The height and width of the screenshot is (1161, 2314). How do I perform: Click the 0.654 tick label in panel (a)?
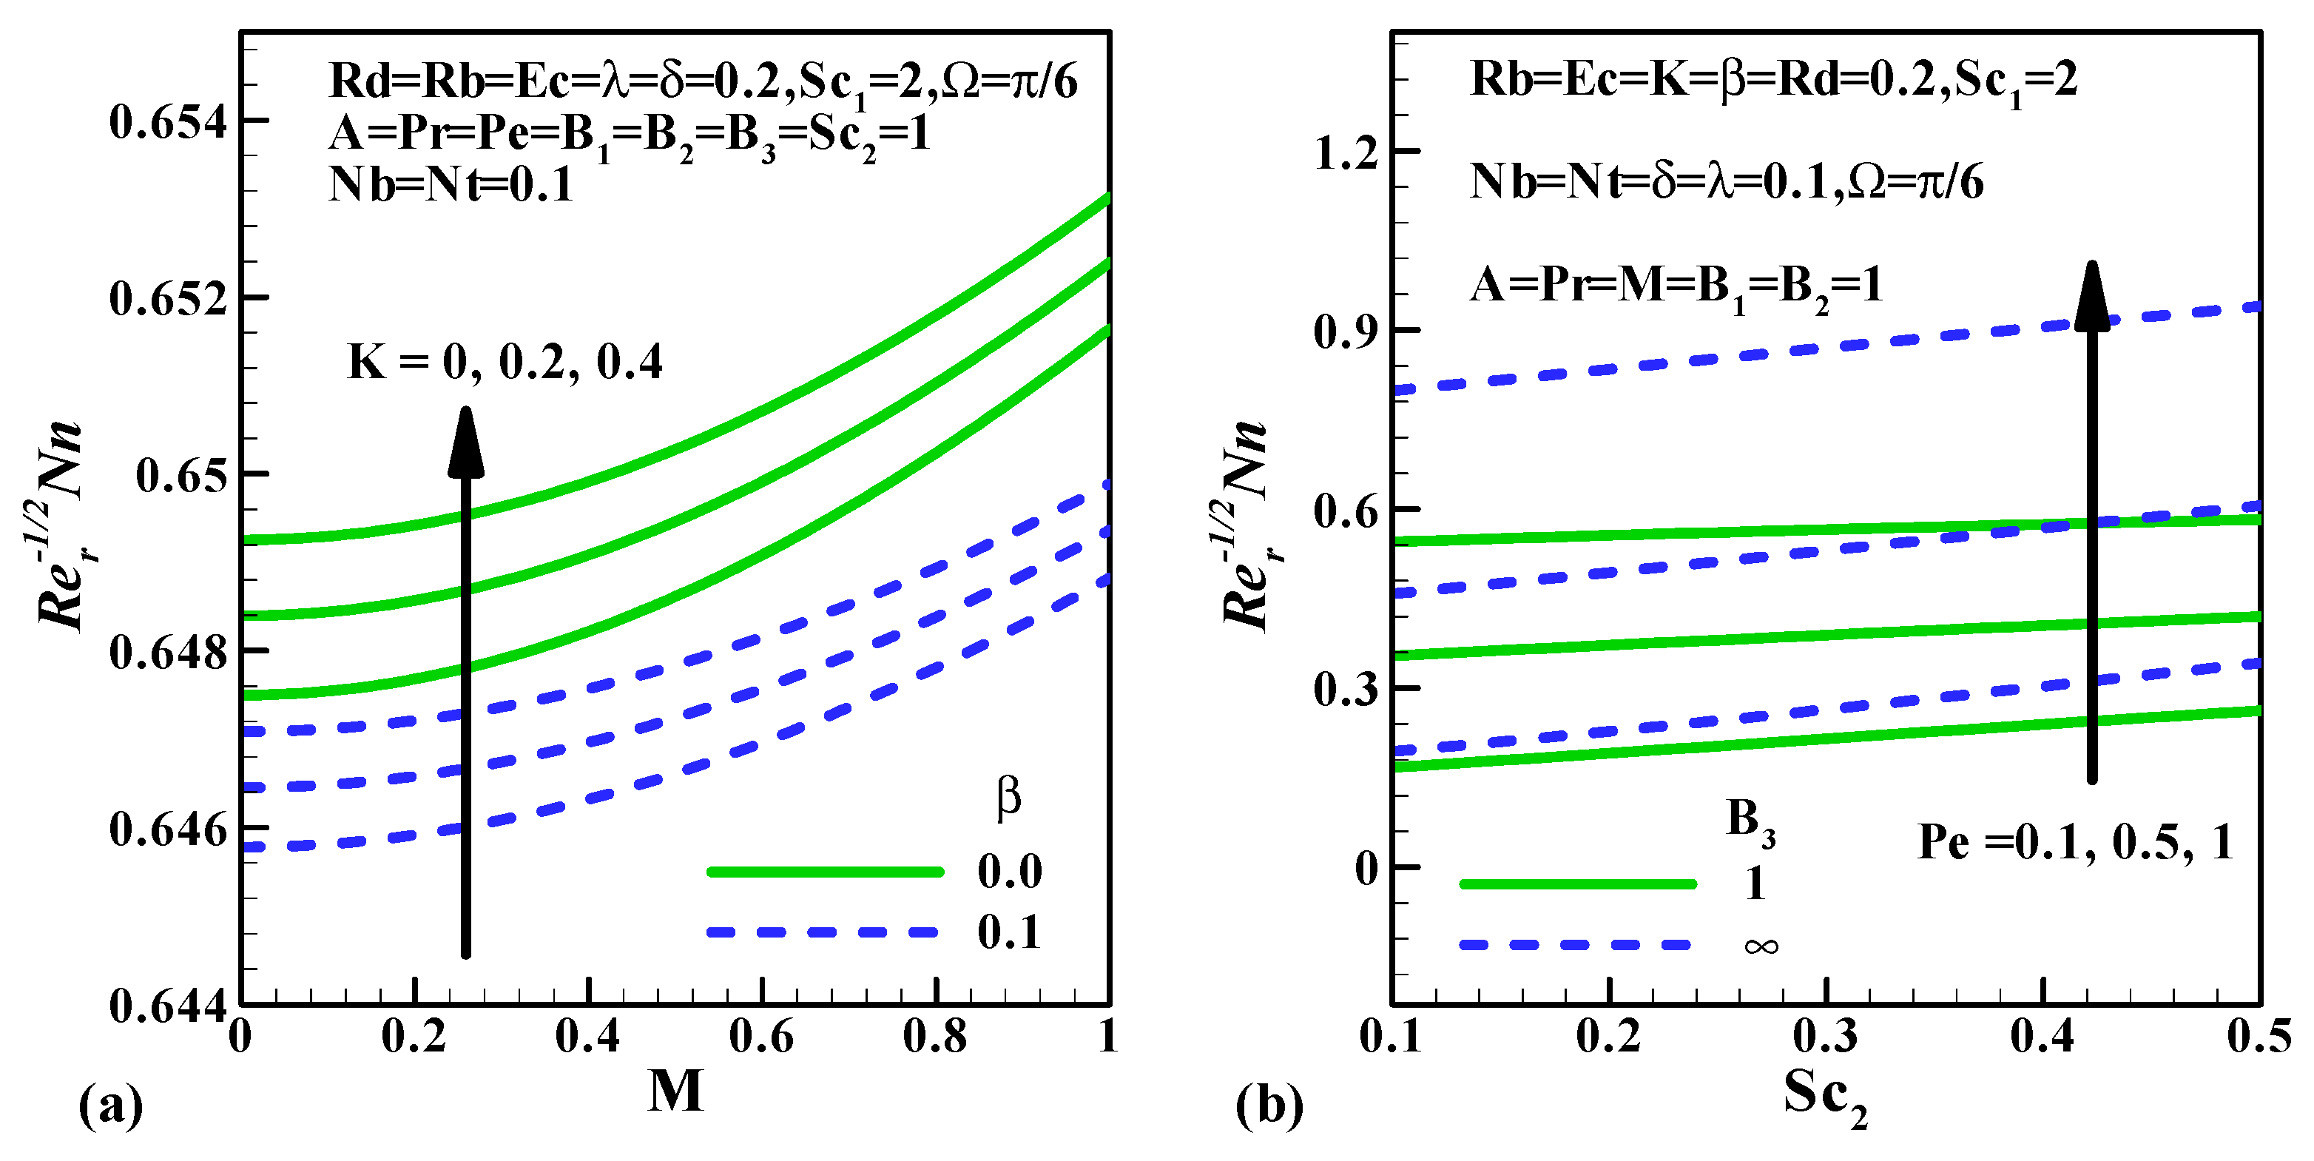(x=168, y=122)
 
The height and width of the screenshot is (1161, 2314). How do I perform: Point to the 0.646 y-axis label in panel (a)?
(x=168, y=829)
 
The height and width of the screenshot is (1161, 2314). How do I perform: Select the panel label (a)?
(x=112, y=1106)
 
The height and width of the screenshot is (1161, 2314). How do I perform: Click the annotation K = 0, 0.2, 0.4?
(x=505, y=362)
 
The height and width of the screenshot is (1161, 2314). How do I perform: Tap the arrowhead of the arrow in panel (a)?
(x=466, y=441)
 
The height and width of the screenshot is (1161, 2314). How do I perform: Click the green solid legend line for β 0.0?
(x=825, y=872)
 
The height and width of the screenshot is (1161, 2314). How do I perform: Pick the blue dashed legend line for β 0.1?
(x=825, y=932)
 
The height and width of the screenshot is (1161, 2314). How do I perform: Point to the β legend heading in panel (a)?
(x=1009, y=797)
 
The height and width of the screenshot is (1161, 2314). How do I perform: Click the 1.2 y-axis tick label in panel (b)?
(x=1346, y=152)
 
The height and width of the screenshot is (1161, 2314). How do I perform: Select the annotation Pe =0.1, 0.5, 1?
(x=2075, y=843)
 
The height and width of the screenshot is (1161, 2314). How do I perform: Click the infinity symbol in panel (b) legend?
(x=1761, y=946)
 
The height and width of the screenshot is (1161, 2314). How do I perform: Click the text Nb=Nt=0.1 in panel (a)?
(x=452, y=185)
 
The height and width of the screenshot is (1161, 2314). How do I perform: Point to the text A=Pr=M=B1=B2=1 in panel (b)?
(x=1676, y=286)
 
